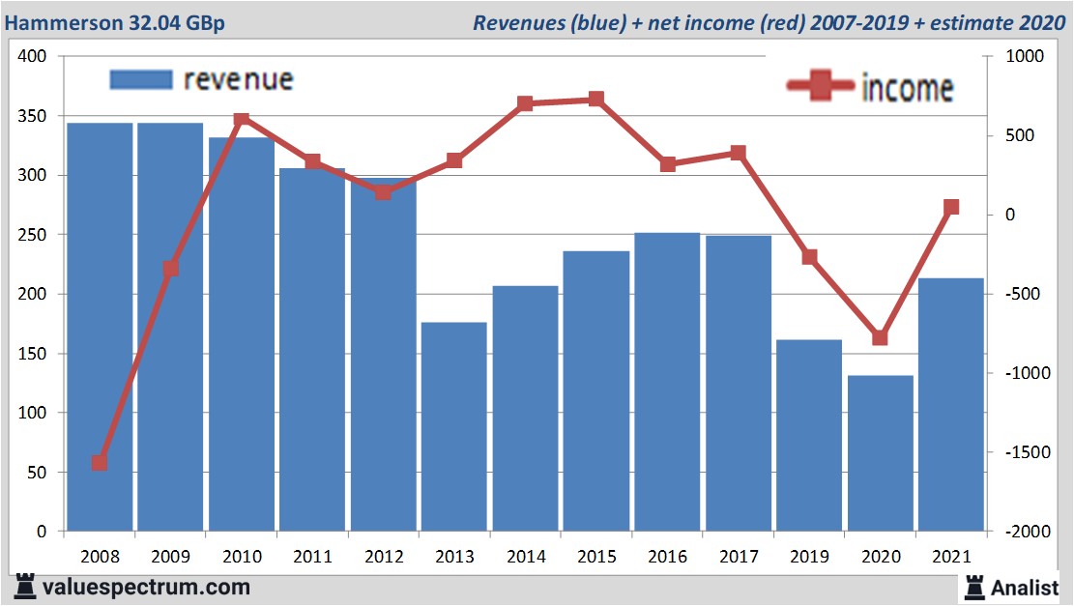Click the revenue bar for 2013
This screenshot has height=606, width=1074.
click(454, 426)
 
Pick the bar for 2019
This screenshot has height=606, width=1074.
click(809, 435)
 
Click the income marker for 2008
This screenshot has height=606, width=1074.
click(100, 463)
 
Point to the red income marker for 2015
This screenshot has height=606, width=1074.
click(596, 99)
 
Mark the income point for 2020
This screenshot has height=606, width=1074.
click(880, 337)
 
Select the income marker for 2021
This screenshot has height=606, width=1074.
click(951, 207)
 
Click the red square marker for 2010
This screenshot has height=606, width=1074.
click(242, 120)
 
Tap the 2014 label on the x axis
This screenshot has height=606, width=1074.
click(526, 557)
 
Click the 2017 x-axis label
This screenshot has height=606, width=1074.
click(739, 557)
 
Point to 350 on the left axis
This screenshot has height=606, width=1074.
click(33, 116)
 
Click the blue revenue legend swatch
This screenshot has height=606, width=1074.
click(141, 79)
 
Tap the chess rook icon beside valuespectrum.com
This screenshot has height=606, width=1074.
click(24, 586)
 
